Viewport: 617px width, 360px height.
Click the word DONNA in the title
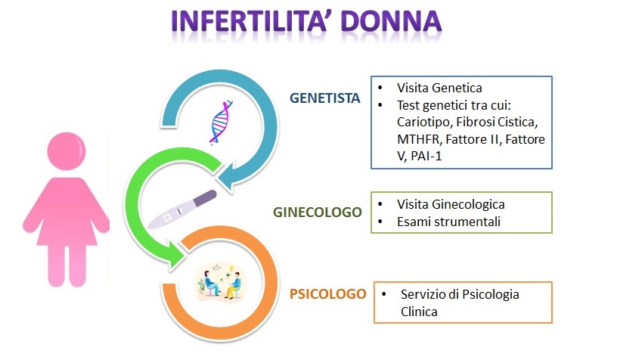(x=391, y=20)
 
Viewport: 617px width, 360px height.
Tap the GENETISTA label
(x=324, y=98)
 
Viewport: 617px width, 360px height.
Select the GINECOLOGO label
(x=317, y=212)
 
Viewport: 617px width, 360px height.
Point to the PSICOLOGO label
(x=328, y=294)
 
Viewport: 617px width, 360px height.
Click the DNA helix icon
(x=221, y=123)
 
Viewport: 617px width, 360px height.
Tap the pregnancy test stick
(x=182, y=210)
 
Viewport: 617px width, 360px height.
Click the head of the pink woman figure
(x=66, y=151)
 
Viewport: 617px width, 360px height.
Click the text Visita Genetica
(x=439, y=88)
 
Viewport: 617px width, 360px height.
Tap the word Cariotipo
(x=424, y=123)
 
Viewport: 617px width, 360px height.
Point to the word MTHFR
(x=419, y=139)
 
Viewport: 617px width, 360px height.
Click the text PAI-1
(x=426, y=157)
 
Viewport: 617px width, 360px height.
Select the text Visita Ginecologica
(x=451, y=205)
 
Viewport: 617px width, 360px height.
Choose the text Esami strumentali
(x=448, y=222)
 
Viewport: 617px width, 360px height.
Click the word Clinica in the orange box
(x=419, y=312)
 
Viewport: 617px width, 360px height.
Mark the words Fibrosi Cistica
(x=497, y=122)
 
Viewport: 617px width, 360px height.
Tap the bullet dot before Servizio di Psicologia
(x=384, y=294)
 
